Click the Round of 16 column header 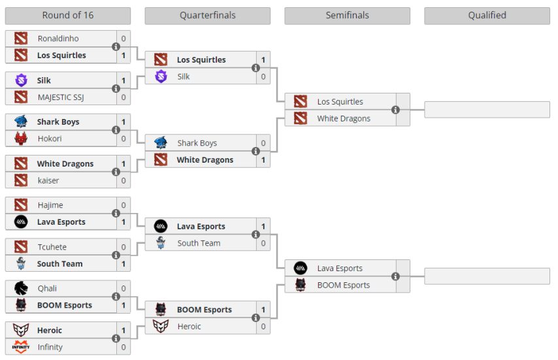67,16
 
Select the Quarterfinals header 207,16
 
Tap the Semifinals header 347,16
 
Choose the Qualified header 487,16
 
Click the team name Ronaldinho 58,39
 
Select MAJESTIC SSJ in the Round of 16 61,97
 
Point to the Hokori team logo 21,139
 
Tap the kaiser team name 48,180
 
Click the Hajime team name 50,205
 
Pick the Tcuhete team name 52,247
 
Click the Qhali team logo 21,288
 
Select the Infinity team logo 21,347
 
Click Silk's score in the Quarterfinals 263,76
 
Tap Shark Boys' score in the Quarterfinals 263,143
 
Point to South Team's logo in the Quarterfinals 161,243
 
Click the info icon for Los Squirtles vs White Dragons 395,110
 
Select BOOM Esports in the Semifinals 343,285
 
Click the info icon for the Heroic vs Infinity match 116,338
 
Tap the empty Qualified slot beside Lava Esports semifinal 487,276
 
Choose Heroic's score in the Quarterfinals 263,327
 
